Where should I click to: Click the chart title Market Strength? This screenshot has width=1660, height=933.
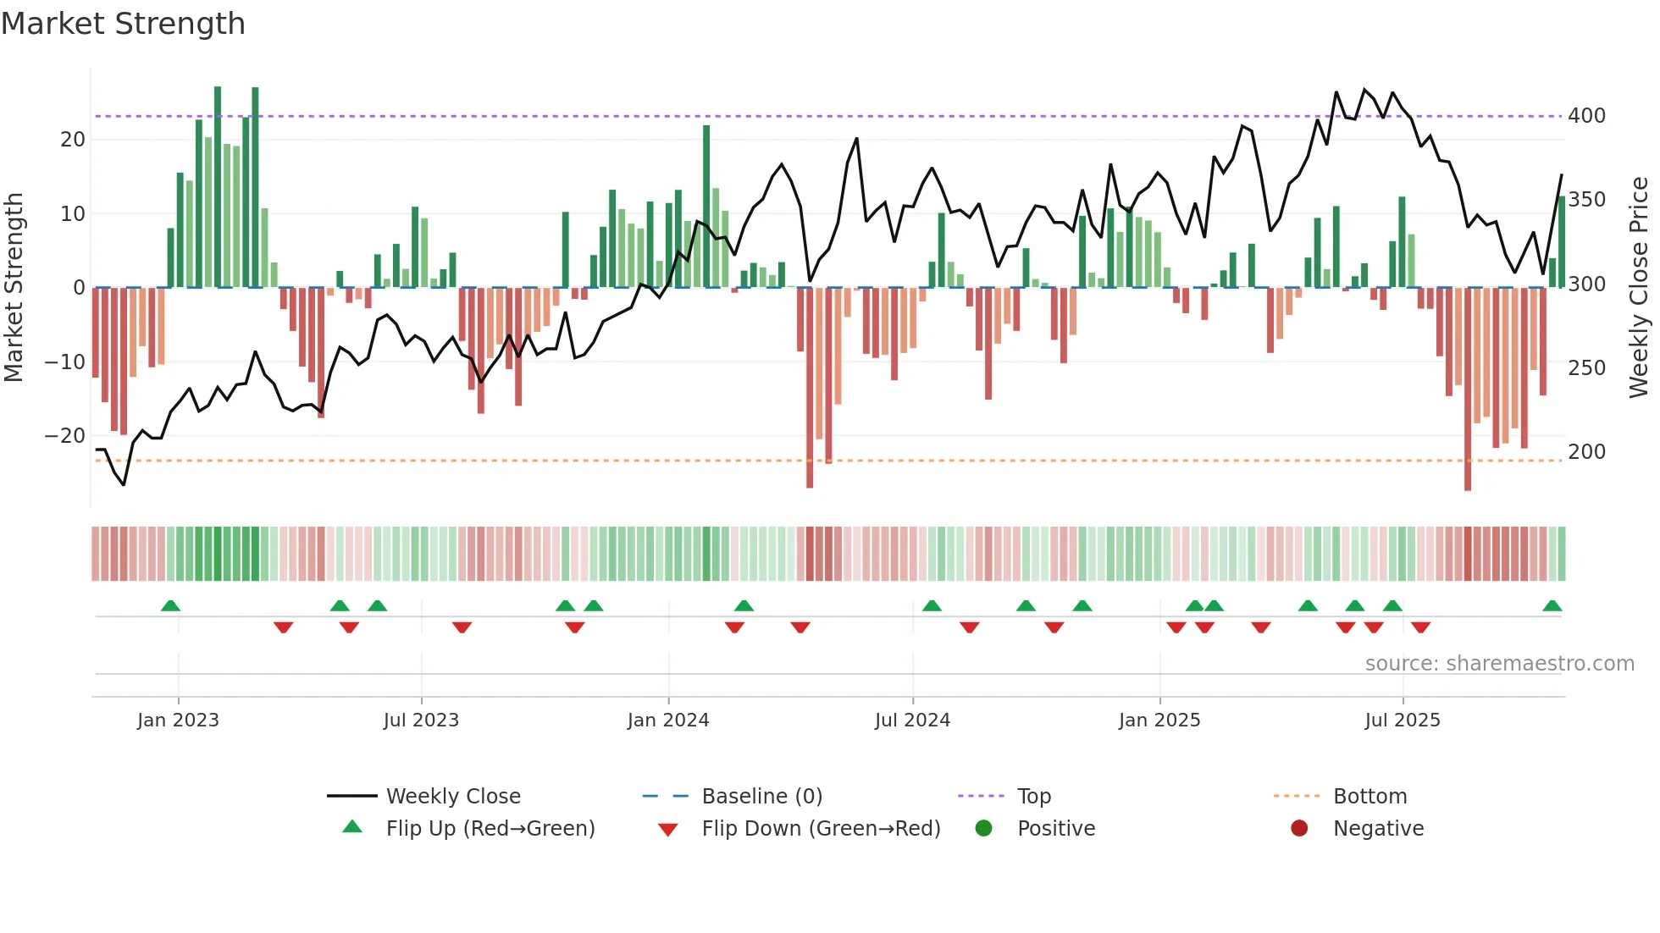click(x=123, y=24)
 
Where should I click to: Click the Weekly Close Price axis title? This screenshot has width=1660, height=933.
click(x=1639, y=287)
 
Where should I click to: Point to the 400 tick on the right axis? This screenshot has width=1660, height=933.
click(x=1586, y=115)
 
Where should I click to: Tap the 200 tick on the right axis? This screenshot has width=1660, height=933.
click(x=1586, y=451)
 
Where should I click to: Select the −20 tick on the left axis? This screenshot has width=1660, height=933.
click(x=65, y=435)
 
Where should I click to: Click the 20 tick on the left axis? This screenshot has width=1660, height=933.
click(x=73, y=139)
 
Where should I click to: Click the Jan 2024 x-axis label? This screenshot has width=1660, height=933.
click(x=668, y=720)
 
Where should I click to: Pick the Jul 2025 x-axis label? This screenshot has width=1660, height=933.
click(x=1403, y=720)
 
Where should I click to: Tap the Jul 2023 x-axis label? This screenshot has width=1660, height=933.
click(x=421, y=720)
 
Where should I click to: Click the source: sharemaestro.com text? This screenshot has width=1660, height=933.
click(x=1499, y=663)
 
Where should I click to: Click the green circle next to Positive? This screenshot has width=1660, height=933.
click(x=983, y=828)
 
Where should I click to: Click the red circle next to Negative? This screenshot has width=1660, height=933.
click(x=1299, y=828)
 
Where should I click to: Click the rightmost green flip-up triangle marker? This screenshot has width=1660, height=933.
click(x=1552, y=606)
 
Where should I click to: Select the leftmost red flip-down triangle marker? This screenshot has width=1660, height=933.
click(x=284, y=627)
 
